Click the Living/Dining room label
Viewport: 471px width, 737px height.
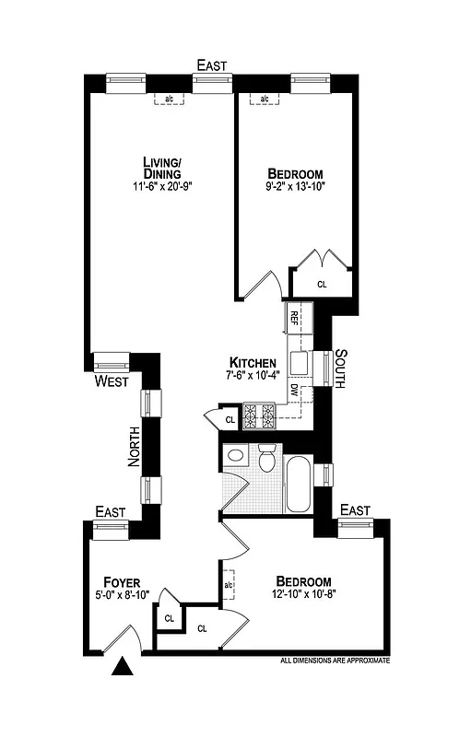click(160, 168)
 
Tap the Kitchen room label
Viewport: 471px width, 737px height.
click(248, 362)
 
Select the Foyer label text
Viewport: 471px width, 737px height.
click(122, 582)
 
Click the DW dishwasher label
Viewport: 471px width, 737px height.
click(294, 390)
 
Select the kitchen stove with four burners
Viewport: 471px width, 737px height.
click(260, 416)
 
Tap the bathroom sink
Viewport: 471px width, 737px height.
click(234, 455)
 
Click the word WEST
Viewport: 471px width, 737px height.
click(112, 380)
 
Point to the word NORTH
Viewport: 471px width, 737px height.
click(135, 449)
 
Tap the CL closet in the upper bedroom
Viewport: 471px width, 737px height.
click(322, 285)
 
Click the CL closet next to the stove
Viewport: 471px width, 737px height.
click(230, 419)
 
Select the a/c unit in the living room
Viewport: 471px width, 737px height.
click(170, 99)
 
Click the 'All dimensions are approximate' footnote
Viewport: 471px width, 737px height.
click(336, 661)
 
